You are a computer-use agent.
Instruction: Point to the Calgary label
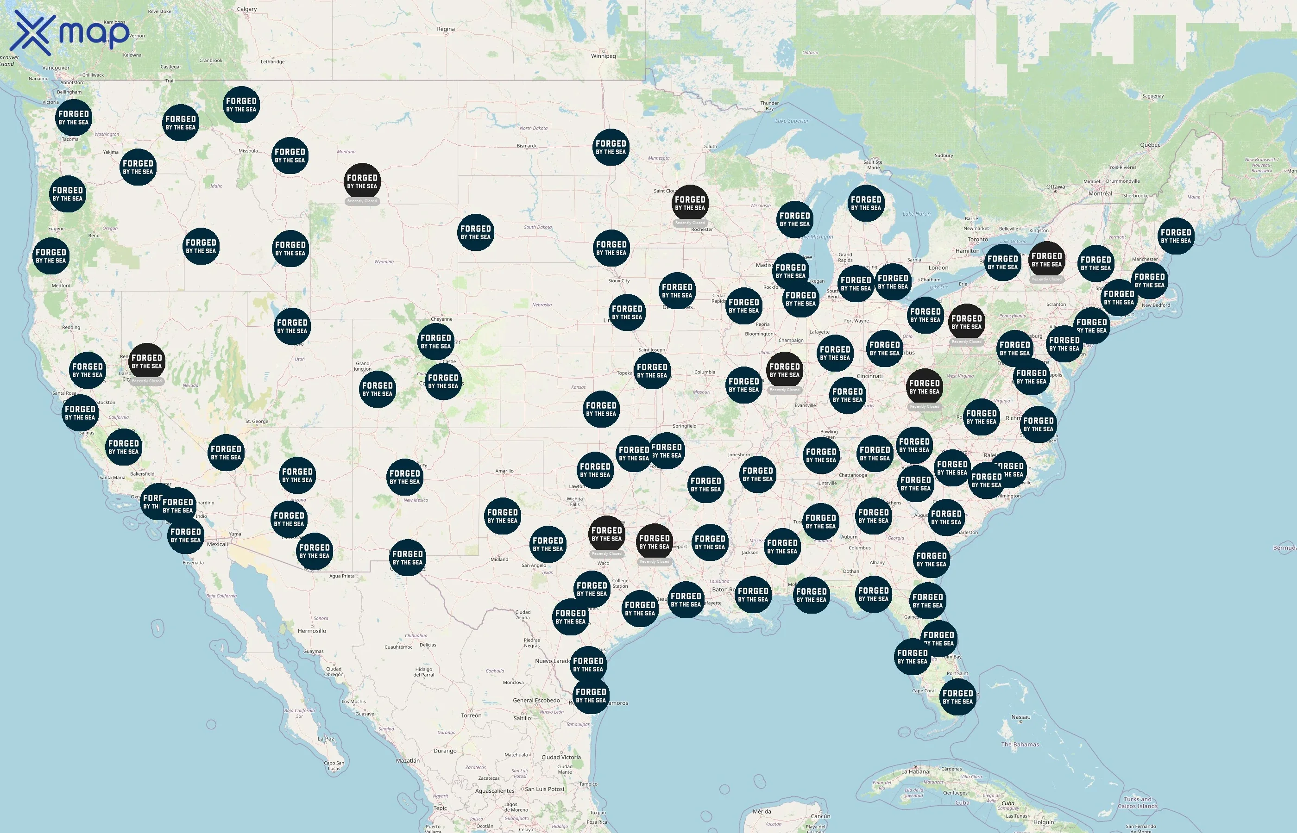point(247,9)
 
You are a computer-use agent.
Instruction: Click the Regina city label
point(446,29)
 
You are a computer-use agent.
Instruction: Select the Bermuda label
point(1284,548)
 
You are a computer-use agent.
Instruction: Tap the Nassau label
point(1020,717)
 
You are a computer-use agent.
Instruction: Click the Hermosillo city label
point(312,631)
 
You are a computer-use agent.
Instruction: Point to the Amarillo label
point(504,471)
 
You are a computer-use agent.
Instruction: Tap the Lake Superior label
point(792,121)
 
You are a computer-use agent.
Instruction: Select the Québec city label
point(1150,145)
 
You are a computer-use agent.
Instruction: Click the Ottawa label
point(1055,187)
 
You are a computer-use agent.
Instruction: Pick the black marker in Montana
point(362,181)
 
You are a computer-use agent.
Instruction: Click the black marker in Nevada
point(147,361)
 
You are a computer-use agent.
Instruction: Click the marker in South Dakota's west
point(475,232)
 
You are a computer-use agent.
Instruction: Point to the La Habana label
point(915,771)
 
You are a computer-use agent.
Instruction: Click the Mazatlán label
point(407,760)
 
